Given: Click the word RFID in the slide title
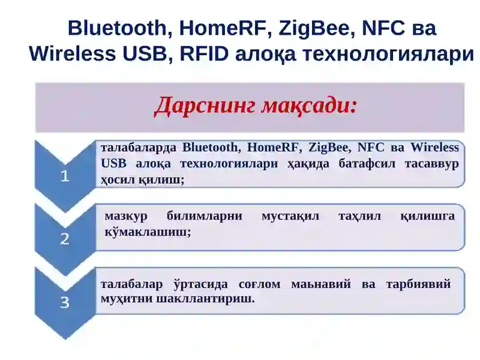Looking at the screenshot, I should (x=204, y=53).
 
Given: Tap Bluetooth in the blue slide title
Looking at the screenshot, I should (x=116, y=28).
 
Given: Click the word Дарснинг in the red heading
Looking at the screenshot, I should (x=205, y=106).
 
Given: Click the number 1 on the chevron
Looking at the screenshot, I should (x=65, y=176).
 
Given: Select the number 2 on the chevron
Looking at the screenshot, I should (x=65, y=239).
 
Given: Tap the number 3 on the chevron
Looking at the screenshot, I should (x=65, y=302).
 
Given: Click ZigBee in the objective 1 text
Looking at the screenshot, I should (x=329, y=148).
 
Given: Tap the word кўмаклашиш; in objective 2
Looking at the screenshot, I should (x=148, y=232).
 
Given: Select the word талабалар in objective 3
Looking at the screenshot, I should (x=131, y=284).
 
